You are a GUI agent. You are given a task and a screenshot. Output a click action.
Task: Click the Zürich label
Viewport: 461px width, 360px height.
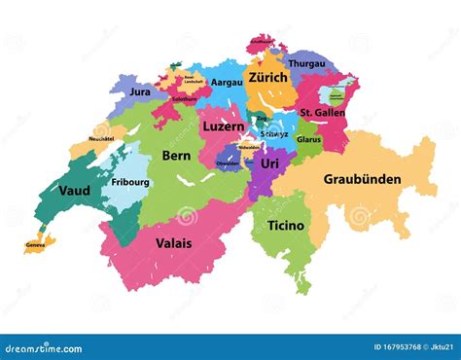point(267,78)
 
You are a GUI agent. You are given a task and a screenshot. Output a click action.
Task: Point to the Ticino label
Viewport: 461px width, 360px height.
point(284,226)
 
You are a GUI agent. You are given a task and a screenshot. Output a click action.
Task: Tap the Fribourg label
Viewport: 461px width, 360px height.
point(130,182)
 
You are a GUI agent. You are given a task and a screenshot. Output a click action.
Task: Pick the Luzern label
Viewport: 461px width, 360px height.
point(223,127)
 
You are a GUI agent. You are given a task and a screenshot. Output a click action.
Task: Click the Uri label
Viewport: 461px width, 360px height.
point(269,164)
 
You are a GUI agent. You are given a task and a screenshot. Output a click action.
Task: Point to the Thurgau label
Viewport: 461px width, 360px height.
point(306,63)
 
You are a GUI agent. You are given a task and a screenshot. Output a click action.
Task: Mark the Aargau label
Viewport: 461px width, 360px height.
point(227,84)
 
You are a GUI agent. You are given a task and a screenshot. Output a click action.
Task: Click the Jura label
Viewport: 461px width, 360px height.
point(140,91)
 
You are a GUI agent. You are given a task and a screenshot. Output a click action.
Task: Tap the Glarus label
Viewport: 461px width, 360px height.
point(308,139)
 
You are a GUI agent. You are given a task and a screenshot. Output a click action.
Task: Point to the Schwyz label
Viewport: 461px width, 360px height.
point(274,133)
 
